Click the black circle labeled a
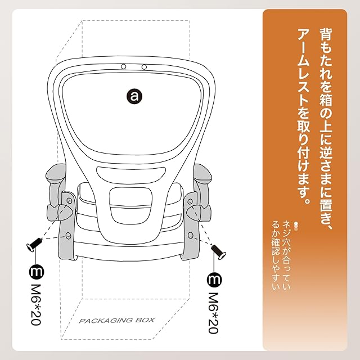(134, 96)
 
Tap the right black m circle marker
(214, 278)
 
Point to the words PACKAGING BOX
(116, 321)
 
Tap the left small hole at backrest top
(122, 67)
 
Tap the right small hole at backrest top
(144, 67)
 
